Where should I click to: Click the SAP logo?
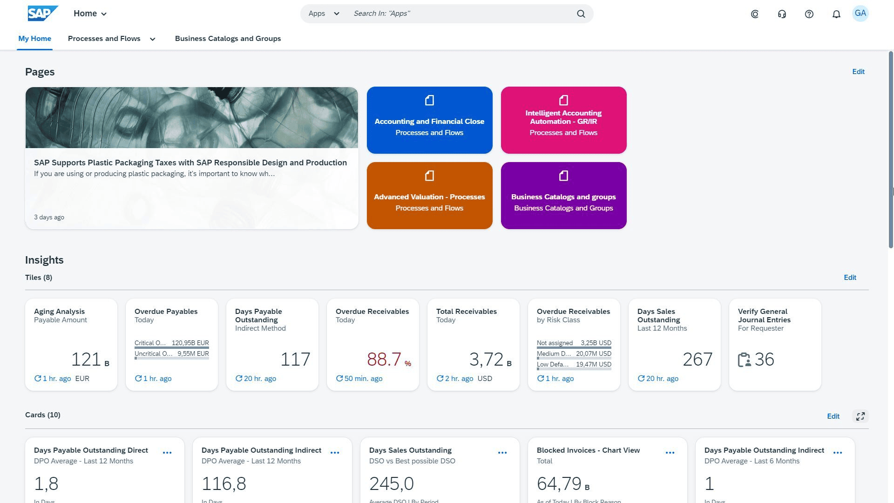click(43, 14)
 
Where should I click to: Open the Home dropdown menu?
click(90, 14)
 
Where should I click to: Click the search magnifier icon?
click(581, 14)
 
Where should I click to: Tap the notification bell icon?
click(836, 14)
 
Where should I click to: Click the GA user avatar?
click(860, 14)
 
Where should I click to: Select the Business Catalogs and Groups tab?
click(228, 39)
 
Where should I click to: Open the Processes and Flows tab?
click(104, 39)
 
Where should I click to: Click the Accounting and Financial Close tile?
click(429, 120)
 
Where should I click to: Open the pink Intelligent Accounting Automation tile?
click(563, 120)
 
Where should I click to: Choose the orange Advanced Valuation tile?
click(429, 196)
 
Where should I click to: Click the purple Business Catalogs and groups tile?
click(563, 196)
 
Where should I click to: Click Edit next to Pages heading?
click(858, 72)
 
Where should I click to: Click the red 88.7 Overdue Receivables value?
click(384, 360)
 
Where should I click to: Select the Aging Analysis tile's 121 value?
click(86, 360)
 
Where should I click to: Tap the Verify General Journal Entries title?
click(764, 316)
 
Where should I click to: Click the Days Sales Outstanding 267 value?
click(697, 360)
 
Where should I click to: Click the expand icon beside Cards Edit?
click(860, 416)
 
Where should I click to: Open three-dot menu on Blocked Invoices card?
click(670, 453)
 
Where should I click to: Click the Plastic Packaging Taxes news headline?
click(190, 163)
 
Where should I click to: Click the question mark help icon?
click(809, 14)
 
